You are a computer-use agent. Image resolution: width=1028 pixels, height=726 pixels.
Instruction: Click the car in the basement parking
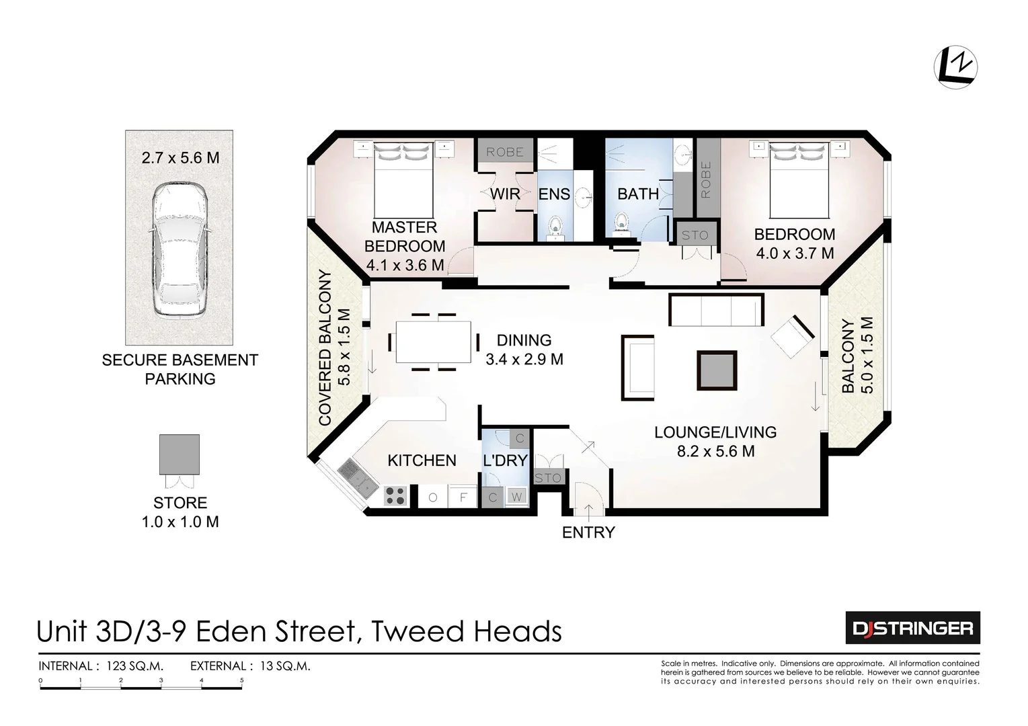(x=179, y=250)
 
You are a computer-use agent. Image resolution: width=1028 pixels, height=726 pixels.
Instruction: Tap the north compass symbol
(x=955, y=67)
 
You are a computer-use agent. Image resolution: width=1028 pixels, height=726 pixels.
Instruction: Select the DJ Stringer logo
(x=912, y=628)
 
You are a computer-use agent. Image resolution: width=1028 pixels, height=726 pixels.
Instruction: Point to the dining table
(x=434, y=341)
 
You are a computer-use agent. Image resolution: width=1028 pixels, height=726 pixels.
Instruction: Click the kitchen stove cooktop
(x=395, y=496)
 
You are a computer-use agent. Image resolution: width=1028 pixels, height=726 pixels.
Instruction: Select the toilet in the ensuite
(x=555, y=227)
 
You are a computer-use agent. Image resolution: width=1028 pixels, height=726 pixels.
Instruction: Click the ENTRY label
(x=588, y=532)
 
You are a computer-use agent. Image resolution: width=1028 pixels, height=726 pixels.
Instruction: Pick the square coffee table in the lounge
(x=717, y=370)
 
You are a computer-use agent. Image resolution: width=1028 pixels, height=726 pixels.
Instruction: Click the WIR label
(x=504, y=194)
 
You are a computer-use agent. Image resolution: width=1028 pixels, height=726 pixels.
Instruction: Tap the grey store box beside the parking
(x=179, y=454)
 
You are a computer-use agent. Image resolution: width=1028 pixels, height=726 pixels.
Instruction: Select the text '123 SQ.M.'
(x=134, y=666)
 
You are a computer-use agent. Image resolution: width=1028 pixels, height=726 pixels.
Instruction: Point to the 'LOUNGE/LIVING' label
(x=715, y=432)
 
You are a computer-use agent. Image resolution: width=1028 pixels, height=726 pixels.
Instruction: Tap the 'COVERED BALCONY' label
(x=325, y=348)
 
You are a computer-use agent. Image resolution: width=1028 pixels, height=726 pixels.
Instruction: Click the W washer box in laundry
(x=516, y=497)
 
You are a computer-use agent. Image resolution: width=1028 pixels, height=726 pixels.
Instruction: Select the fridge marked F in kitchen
(x=463, y=497)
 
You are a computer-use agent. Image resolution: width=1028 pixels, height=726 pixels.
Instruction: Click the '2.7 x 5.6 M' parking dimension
(x=180, y=158)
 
